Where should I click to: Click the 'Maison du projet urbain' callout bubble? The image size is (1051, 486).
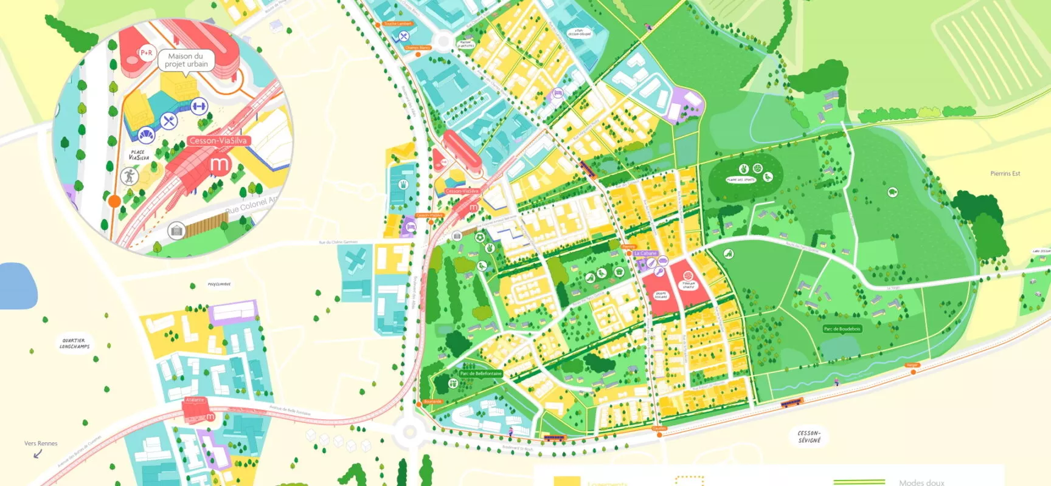coord(186,60)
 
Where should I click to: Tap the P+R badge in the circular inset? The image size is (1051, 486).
coord(147,53)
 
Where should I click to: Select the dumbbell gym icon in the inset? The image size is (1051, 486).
coord(198,107)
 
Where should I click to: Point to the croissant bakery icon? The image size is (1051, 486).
coord(145,135)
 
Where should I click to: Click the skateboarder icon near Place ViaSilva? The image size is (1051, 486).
coord(129,177)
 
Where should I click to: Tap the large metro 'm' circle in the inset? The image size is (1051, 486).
coord(220,164)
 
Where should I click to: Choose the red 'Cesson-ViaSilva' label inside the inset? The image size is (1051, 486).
coord(218,140)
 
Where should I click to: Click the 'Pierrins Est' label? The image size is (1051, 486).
coord(1005,174)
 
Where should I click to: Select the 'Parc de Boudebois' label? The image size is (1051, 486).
coord(842,329)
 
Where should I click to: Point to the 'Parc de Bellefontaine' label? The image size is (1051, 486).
coord(480,374)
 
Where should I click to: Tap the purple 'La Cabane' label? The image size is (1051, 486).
coord(645,253)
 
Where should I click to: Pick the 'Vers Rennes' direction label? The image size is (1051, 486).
coord(41,443)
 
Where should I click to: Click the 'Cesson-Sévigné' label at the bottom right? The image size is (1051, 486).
coord(809,436)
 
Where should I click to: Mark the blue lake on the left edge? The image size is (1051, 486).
coord(17,286)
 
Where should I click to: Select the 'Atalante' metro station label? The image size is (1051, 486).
coord(195,400)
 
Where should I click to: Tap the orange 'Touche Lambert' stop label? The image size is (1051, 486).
coord(398,24)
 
